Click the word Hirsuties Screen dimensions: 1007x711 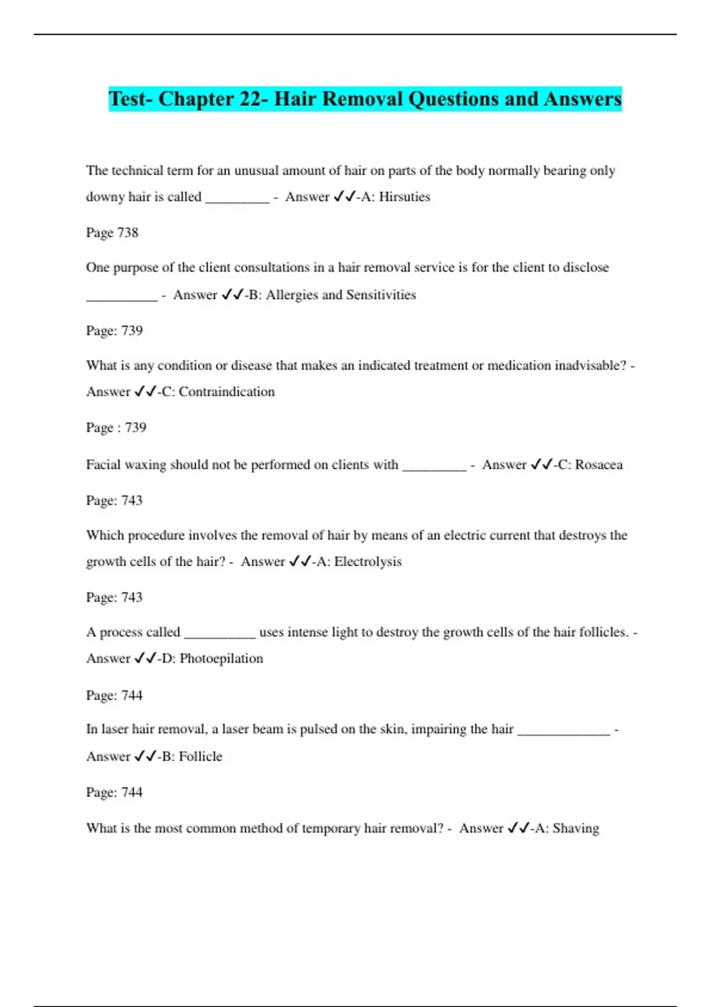point(404,197)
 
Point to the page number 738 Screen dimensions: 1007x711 point(128,233)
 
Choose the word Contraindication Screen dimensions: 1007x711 point(226,392)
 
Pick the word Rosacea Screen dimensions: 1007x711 point(598,465)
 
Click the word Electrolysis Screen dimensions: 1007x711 point(367,562)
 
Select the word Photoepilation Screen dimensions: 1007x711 point(221,659)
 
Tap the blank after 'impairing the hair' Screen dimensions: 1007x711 point(563,733)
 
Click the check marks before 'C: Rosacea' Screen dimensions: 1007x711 point(542,465)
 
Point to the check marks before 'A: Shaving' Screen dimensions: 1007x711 point(518,828)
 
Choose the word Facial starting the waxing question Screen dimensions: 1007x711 point(104,465)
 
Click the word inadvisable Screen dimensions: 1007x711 point(590,365)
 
